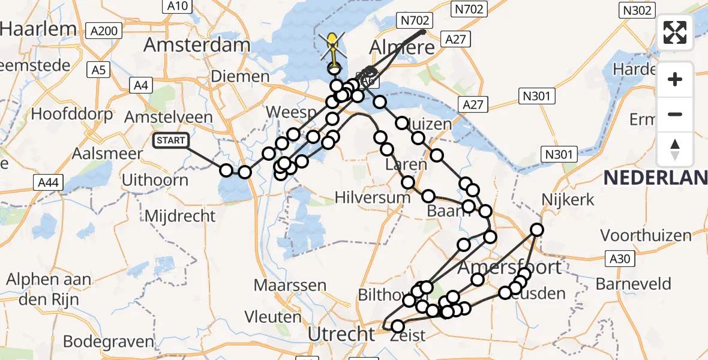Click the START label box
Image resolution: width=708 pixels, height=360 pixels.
pos(171,141)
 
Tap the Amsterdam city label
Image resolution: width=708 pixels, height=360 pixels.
pos(197,46)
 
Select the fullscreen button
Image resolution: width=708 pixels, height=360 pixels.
pos(675,32)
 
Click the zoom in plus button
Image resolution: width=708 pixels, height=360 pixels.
pos(675,79)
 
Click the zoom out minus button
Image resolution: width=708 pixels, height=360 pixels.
pos(675,114)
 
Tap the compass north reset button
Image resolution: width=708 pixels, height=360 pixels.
pos(675,149)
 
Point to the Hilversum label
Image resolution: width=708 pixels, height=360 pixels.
pos(373,197)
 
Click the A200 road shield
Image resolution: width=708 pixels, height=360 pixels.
pos(104,31)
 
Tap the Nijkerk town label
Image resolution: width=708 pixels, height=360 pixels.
pos(567,200)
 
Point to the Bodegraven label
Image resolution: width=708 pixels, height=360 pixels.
pos(108,341)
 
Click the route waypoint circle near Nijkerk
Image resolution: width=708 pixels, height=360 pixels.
pos(536,230)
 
